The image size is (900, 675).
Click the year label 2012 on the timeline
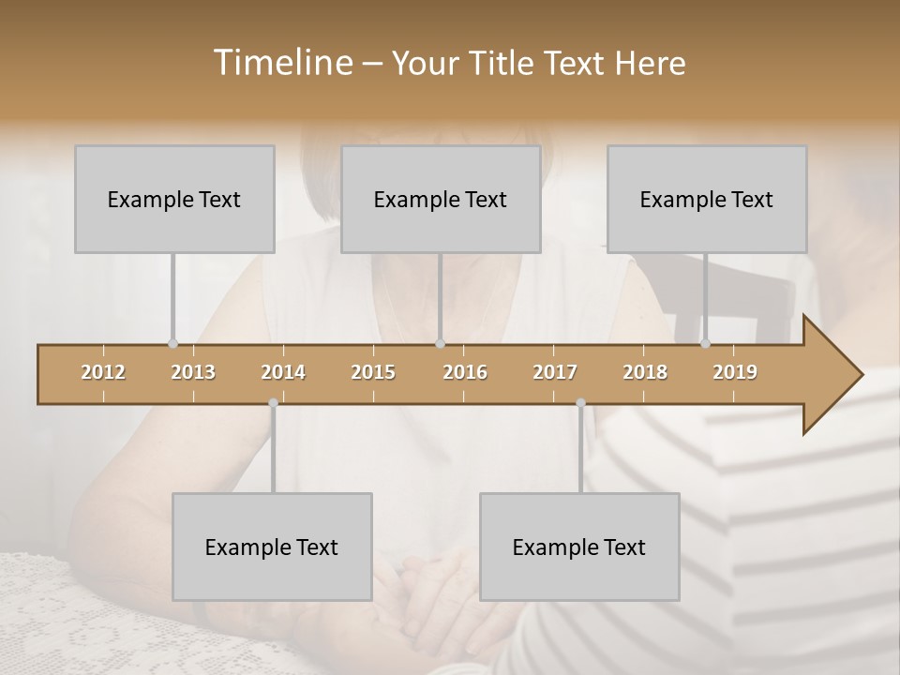[103, 372]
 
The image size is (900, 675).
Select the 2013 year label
[193, 372]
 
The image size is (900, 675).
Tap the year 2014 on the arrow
[283, 372]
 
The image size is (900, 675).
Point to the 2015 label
[373, 372]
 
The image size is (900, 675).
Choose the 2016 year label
[465, 372]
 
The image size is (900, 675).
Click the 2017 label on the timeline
[555, 372]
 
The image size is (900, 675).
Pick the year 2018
[645, 372]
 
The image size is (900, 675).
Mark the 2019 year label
[735, 372]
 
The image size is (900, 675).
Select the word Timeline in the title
[282, 63]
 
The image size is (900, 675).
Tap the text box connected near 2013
[174, 199]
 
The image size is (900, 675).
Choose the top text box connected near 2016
[441, 199]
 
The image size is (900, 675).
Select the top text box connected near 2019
[707, 199]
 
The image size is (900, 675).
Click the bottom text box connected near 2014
[272, 547]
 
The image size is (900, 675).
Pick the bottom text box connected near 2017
[579, 547]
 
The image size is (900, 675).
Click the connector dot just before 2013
[172, 343]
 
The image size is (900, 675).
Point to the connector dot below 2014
[273, 403]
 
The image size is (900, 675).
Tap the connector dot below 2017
[580, 403]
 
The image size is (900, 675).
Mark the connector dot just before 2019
[705, 343]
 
